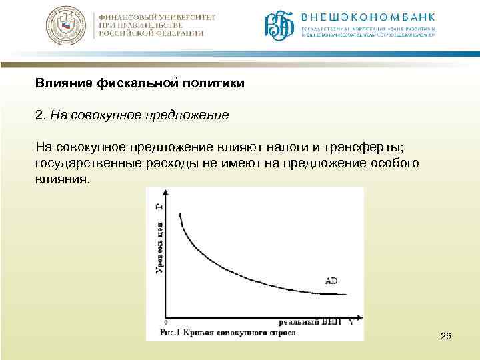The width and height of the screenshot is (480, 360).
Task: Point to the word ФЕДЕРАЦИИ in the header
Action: [175, 34]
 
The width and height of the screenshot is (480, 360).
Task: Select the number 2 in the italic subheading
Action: [39, 115]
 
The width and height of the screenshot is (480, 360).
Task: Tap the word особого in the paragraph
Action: [395, 163]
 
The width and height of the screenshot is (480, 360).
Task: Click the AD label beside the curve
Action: [331, 281]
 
